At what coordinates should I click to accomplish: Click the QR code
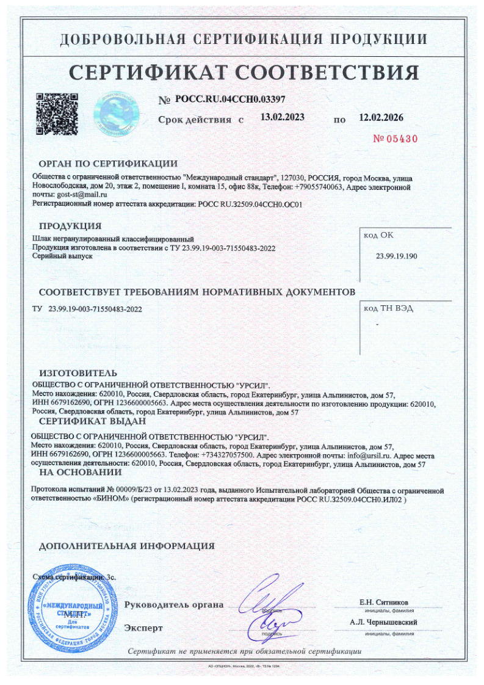point(56,112)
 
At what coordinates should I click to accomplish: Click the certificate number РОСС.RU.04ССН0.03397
point(230,99)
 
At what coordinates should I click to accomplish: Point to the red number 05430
point(400,139)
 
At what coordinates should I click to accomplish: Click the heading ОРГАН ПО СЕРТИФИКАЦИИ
point(108,164)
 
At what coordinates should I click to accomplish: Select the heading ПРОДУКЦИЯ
point(70,227)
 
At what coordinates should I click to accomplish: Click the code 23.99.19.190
point(397,256)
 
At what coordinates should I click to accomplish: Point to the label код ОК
point(379,234)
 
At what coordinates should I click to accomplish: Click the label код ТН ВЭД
point(388,308)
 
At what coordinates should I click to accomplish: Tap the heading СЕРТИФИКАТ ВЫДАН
point(92,421)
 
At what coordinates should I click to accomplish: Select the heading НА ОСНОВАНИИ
point(81,471)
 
